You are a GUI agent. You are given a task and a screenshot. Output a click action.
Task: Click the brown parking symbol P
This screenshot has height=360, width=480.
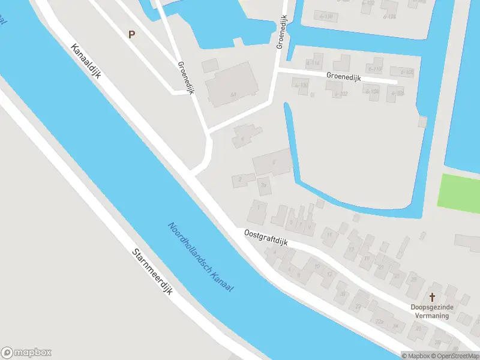[x=131, y=34]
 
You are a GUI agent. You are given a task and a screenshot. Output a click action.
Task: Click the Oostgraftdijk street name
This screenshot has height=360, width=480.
[x=266, y=238]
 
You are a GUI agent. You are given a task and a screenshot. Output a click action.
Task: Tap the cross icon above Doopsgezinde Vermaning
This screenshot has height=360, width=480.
[x=432, y=296]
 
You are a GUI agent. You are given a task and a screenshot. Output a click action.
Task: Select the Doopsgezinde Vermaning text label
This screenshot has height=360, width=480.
[x=432, y=311]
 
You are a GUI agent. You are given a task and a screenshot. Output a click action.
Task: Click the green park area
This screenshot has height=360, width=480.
[x=459, y=191]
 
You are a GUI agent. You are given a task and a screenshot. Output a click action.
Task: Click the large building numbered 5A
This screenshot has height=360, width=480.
[x=232, y=84]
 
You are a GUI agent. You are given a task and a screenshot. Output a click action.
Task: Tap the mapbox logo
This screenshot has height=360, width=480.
[x=26, y=352]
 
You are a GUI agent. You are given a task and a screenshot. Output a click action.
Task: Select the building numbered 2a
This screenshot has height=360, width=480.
[x=264, y=186]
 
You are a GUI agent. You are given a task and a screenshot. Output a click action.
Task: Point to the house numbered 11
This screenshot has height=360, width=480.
[x=330, y=235]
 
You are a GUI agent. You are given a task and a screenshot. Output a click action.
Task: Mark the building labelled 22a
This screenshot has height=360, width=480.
[x=379, y=319]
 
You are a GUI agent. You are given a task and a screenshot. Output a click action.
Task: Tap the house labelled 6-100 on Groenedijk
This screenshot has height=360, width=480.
[x=301, y=86]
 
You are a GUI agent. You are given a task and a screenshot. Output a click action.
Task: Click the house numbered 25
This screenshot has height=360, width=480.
[x=414, y=280]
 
